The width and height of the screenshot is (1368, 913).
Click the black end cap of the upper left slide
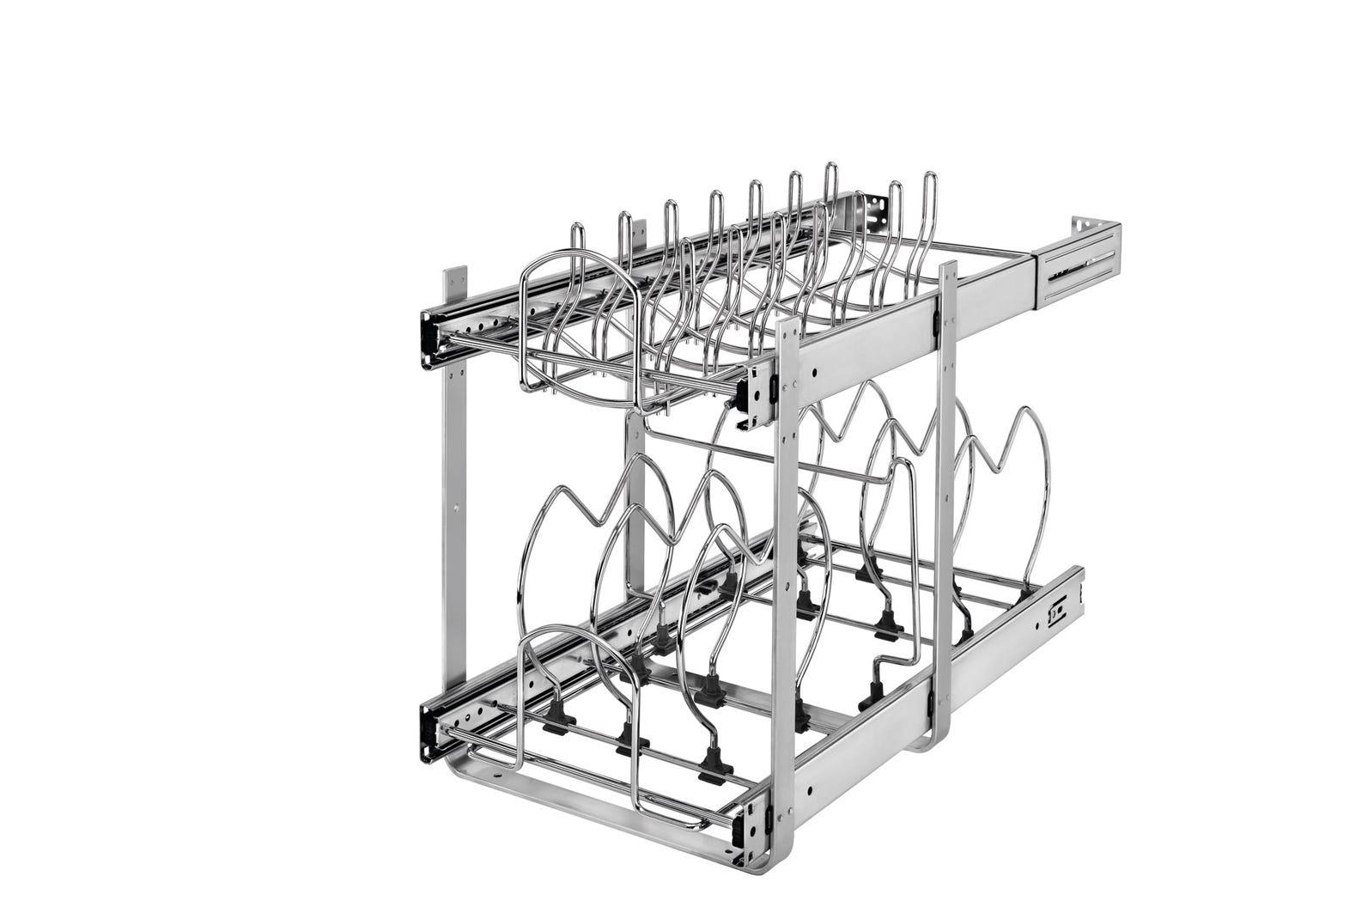[429, 337]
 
